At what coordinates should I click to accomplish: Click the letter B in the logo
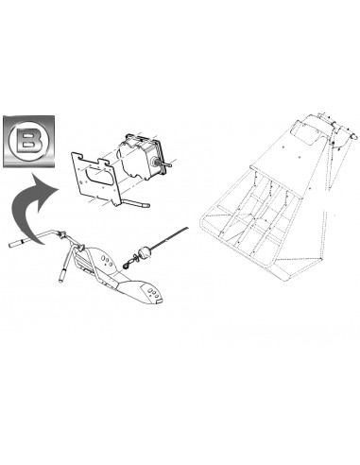pos(29,141)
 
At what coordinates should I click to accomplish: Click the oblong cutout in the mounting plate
pos(97,176)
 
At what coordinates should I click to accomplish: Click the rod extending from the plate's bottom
pos(134,203)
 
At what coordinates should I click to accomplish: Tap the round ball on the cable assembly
pos(145,252)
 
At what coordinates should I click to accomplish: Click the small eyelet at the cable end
pos(126,267)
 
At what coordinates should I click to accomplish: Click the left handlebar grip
pos(18,243)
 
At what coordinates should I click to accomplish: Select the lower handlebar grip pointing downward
pos(62,275)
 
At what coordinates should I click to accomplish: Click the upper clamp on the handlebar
pos(61,234)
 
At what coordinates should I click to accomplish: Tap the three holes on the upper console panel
pos(107,260)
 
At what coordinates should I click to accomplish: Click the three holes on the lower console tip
pos(152,293)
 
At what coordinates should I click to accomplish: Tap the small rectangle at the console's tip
pos(160,301)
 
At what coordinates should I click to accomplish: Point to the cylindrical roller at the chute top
pos(346,133)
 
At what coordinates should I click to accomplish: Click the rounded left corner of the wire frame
pos(203,220)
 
